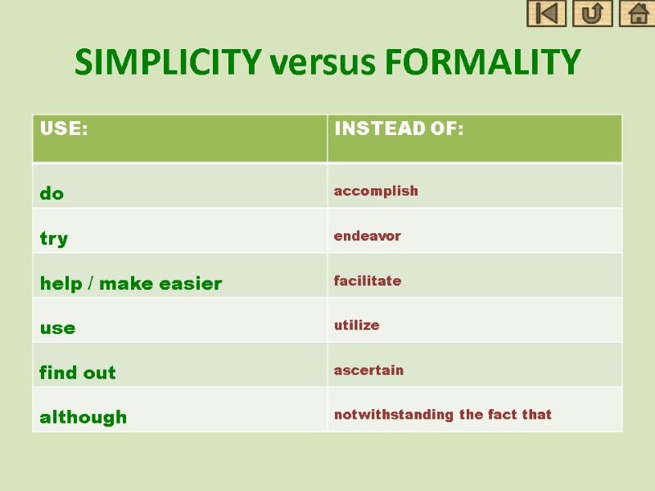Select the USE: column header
[64, 129]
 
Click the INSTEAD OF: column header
[398, 129]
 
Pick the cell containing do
[52, 193]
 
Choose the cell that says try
[54, 238]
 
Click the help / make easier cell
[131, 283]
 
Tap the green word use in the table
[57, 328]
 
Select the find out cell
[78, 372]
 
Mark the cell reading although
[84, 417]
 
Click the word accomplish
[376, 191]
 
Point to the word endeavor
[367, 236]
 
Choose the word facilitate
[367, 281]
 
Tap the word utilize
[356, 325]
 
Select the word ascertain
[368, 370]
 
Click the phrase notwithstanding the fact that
[442, 414]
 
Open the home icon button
[637, 14]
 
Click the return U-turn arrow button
[592, 14]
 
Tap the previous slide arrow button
[546, 14]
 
